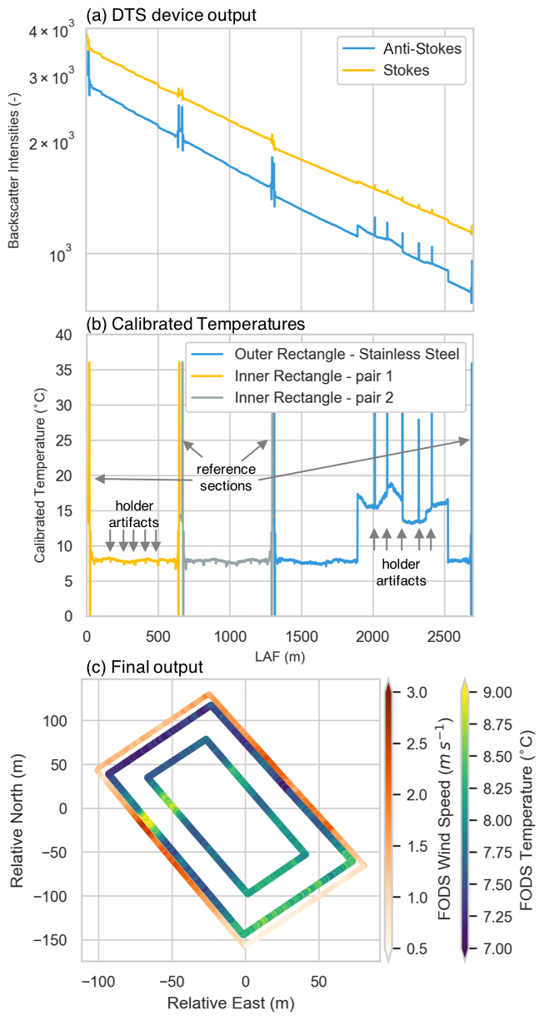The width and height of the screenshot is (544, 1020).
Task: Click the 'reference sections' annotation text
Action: pyautogui.click(x=224, y=478)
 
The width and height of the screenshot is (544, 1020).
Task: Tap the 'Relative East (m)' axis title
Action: pyautogui.click(x=231, y=1004)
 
